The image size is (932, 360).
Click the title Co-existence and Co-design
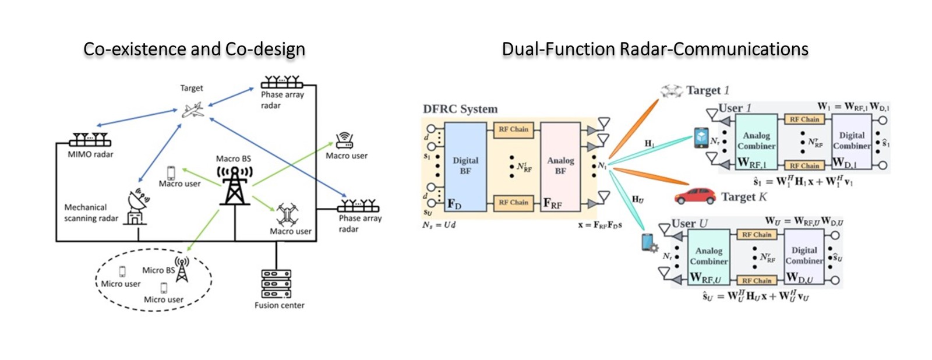pyautogui.click(x=194, y=50)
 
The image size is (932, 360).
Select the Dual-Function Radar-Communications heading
pyautogui.click(x=655, y=50)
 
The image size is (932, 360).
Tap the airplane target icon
pyautogui.click(x=192, y=110)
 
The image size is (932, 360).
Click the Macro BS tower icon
pyautogui.click(x=234, y=185)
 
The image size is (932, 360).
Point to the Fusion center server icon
pyautogui.click(x=276, y=284)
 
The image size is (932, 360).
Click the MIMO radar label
pyautogui.click(x=90, y=154)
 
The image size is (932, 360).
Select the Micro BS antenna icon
pyautogui.click(x=182, y=269)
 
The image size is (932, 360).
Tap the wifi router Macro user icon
pyautogui.click(x=344, y=140)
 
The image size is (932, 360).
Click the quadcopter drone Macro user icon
pyautogui.click(x=287, y=214)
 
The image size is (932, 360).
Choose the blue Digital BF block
pyautogui.click(x=465, y=166)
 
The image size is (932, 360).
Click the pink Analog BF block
pyautogui.click(x=560, y=166)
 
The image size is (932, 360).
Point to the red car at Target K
pyautogui.click(x=695, y=196)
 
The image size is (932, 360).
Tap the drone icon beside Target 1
pyautogui.click(x=671, y=90)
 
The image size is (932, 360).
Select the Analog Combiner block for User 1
pyautogui.click(x=756, y=142)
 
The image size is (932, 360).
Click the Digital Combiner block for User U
pyautogui.click(x=804, y=256)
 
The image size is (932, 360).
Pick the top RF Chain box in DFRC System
pyautogui.click(x=513, y=129)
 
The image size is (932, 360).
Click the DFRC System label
pyautogui.click(x=460, y=109)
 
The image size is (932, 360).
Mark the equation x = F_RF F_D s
pyautogui.click(x=599, y=225)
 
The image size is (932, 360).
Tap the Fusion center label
pyautogui.click(x=279, y=305)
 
